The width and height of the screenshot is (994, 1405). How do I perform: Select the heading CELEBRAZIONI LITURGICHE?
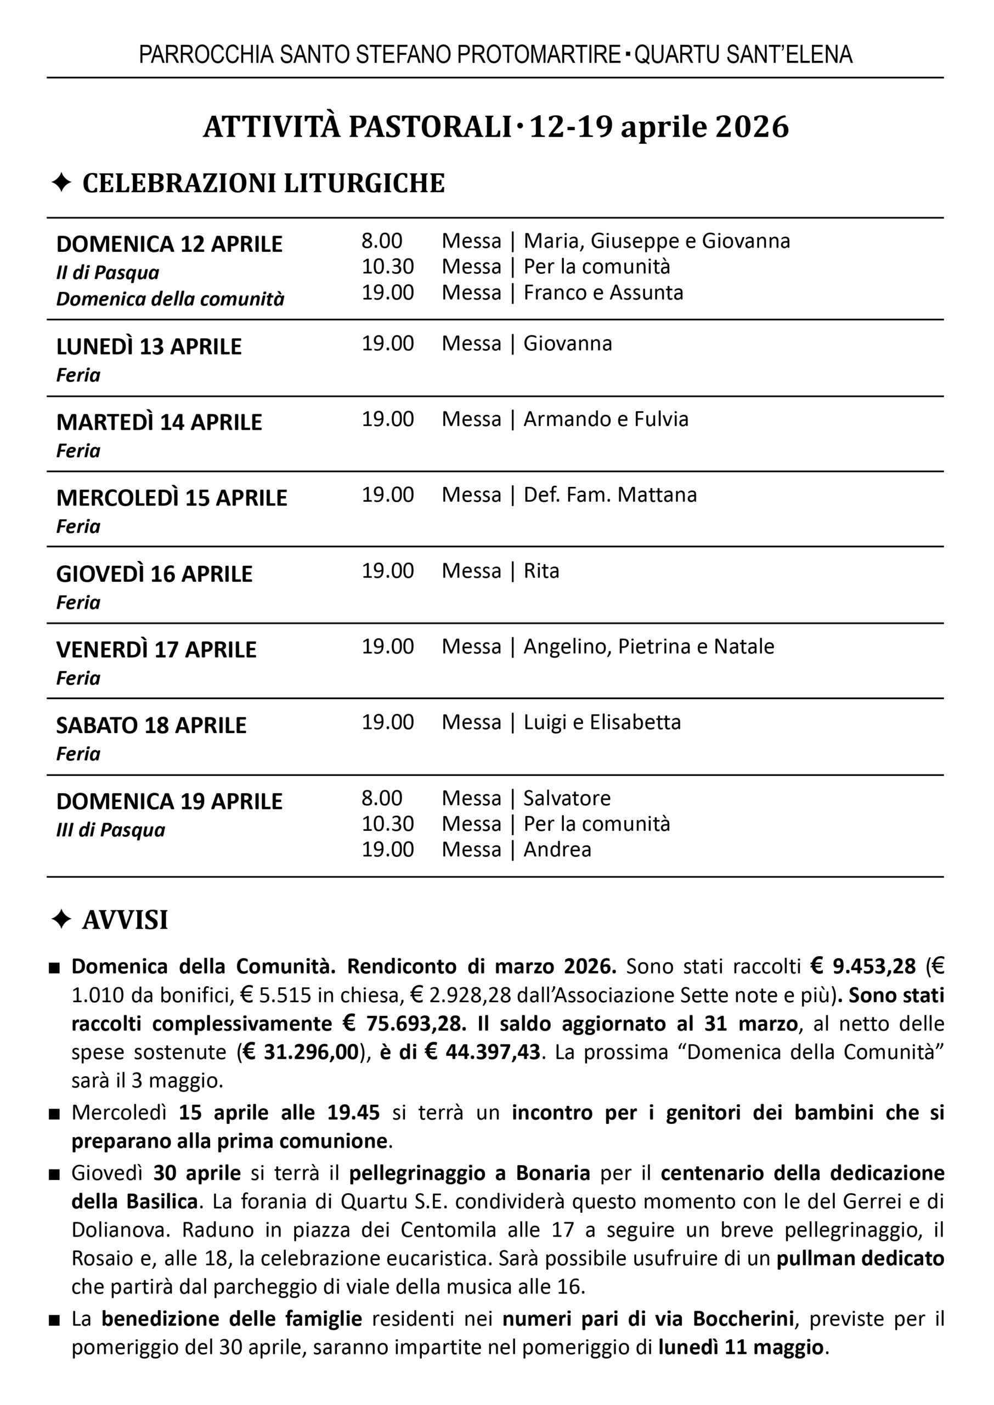point(263,184)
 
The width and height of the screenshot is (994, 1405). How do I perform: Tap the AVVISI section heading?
point(125,920)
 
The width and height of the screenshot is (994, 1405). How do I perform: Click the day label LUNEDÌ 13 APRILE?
point(149,347)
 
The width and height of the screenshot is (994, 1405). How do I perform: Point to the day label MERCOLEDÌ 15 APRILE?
point(171,498)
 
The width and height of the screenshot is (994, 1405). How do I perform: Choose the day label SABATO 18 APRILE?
point(151,726)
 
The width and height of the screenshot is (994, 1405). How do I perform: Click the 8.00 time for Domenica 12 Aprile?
point(381,241)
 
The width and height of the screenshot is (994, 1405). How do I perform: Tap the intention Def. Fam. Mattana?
point(609,494)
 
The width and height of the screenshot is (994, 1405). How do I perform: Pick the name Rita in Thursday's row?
point(541,571)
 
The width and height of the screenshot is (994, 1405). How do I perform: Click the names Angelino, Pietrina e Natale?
point(648,647)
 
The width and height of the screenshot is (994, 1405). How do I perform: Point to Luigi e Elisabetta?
point(602,722)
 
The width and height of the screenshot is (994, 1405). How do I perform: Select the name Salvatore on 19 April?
point(567,799)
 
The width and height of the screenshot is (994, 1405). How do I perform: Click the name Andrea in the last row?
point(557,850)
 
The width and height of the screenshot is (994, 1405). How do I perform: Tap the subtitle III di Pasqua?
point(111,830)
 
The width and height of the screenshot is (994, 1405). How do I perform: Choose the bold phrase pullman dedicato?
point(860,1258)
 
